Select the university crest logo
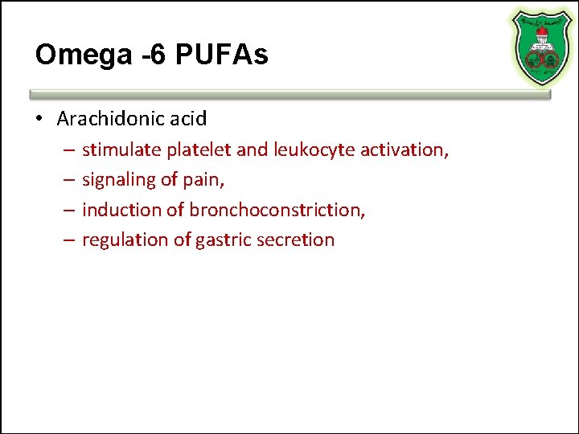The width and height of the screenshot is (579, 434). [536, 46]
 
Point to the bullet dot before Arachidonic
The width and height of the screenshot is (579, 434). [39, 120]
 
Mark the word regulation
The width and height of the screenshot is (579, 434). [122, 240]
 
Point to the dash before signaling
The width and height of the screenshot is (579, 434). [66, 180]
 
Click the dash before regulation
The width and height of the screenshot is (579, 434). [66, 240]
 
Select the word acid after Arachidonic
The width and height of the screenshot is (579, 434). [189, 119]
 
